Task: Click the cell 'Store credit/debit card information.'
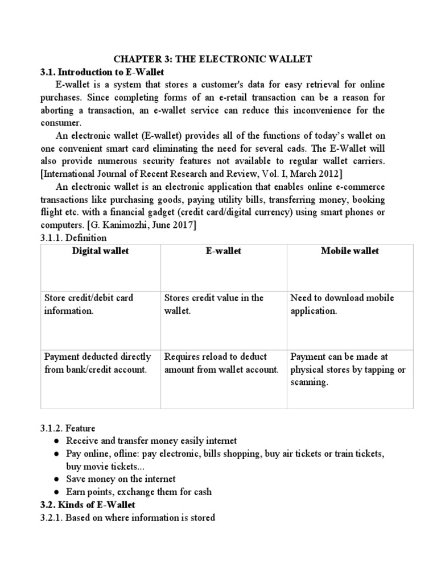coord(88,305)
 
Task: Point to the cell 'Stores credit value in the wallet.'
coord(214,305)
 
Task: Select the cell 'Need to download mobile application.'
coord(342,305)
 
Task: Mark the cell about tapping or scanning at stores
coord(348,369)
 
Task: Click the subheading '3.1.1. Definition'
coord(73,238)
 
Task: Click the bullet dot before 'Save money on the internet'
coord(57,479)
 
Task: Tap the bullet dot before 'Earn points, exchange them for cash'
coord(57,492)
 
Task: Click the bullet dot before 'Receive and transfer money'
coord(57,441)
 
